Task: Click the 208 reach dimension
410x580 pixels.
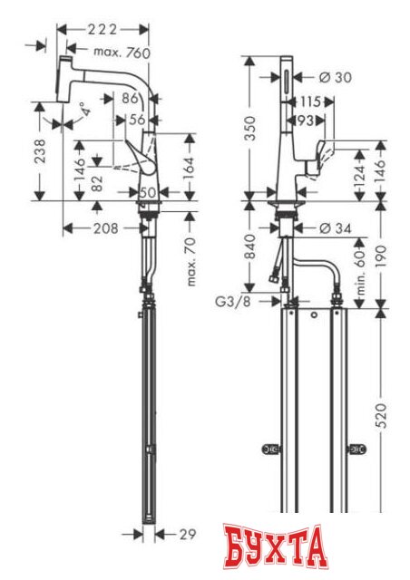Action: pos(105,228)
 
